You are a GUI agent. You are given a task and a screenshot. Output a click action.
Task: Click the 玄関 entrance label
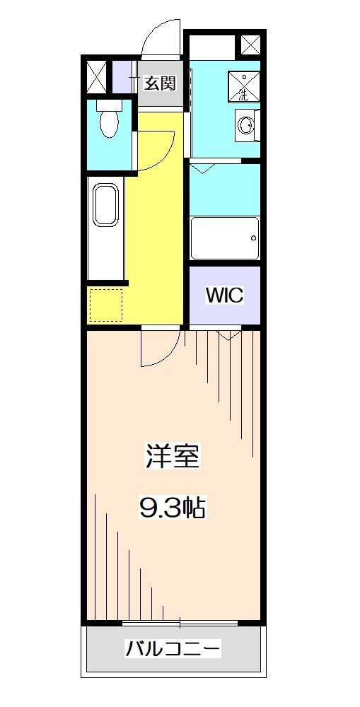click(160, 83)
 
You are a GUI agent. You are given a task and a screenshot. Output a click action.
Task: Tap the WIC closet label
click(224, 295)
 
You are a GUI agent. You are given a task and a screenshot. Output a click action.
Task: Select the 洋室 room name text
click(173, 456)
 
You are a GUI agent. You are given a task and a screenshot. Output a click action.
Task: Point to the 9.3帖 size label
click(173, 507)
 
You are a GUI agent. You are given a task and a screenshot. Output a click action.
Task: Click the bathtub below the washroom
click(224, 238)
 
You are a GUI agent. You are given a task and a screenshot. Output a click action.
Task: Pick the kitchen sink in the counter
click(105, 206)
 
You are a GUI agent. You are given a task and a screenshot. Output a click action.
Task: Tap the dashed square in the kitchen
click(105, 303)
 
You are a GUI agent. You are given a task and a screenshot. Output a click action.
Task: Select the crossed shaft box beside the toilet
click(96, 77)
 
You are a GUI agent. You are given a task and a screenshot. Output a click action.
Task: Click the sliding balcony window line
click(180, 623)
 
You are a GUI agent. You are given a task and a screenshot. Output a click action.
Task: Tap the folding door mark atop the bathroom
click(203, 169)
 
